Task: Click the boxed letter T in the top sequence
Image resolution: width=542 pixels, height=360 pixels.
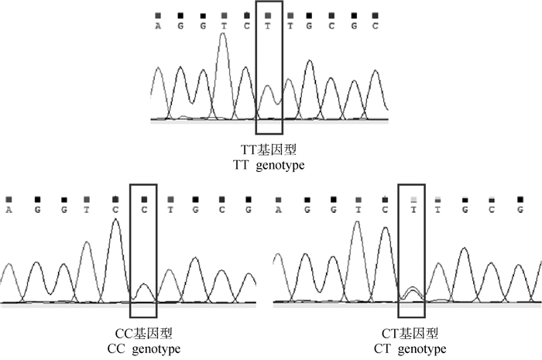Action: (x=268, y=26)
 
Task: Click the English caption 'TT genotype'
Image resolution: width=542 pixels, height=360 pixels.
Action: (x=269, y=165)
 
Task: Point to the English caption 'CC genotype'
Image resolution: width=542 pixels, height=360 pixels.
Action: (x=143, y=349)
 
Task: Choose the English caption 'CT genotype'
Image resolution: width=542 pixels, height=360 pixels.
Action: (x=411, y=349)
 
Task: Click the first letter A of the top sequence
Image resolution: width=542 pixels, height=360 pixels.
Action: (x=158, y=26)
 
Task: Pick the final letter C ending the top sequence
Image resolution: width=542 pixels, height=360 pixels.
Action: (x=375, y=26)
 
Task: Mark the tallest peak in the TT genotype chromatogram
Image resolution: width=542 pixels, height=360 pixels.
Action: (x=225, y=35)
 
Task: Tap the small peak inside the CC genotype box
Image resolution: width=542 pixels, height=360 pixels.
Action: (x=142, y=285)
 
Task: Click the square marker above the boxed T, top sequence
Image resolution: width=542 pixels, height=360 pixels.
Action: (x=268, y=15)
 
